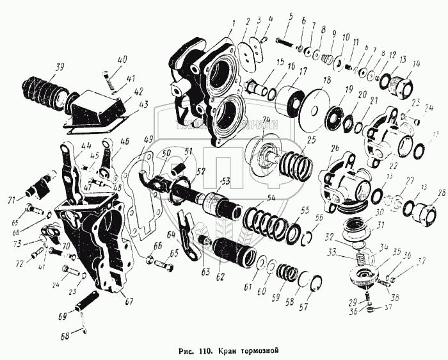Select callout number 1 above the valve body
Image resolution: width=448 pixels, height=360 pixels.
[234, 22]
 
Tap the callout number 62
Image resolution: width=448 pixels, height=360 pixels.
[221, 277]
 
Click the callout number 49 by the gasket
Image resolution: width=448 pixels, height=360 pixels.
[147, 139]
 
